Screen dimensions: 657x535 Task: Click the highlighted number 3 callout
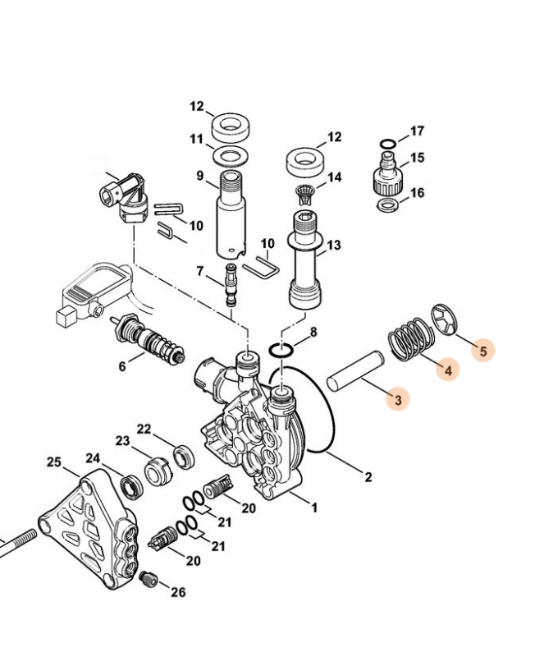tap(397, 400)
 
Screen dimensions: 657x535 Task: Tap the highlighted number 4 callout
tap(447, 370)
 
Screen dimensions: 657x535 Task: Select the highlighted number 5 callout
tap(482, 350)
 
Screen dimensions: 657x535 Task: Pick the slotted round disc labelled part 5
tap(444, 321)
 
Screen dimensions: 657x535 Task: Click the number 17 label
tap(417, 131)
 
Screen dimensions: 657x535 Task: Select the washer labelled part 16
tap(387, 203)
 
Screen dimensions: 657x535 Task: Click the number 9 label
tap(199, 175)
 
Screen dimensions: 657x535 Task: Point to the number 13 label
tap(333, 245)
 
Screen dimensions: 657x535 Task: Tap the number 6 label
tap(121, 366)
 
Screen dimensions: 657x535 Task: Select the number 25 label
tap(54, 463)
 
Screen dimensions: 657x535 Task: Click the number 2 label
tap(368, 477)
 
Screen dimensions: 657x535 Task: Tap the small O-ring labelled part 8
tap(281, 351)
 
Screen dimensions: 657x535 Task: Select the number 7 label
tap(199, 271)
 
